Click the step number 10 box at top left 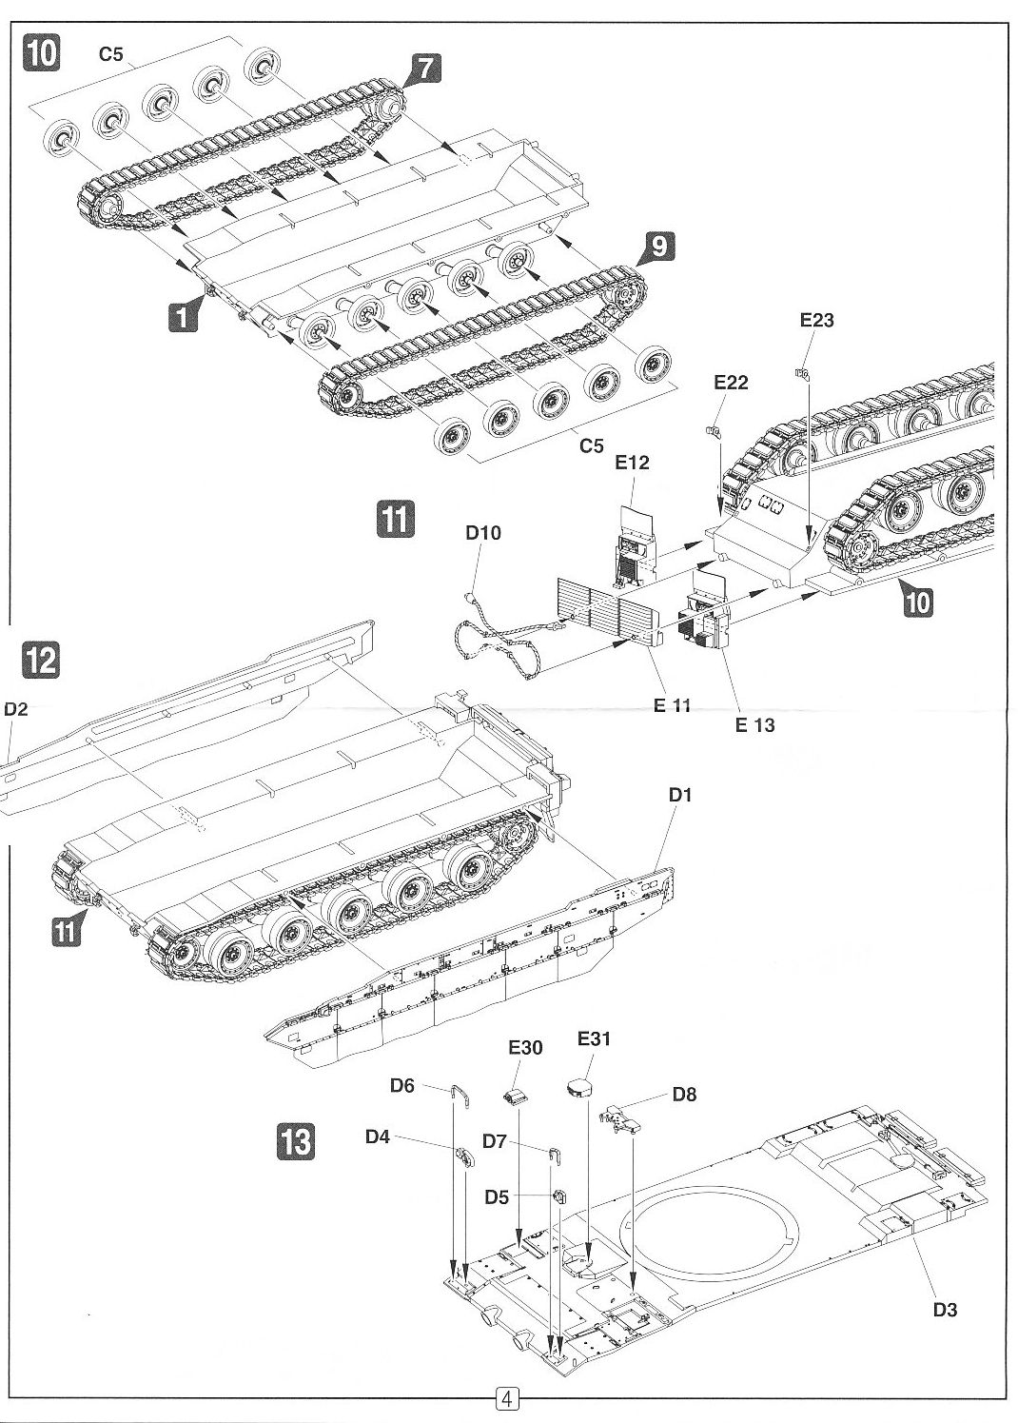tap(41, 52)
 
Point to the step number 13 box tap(297, 1140)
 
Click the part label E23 tap(816, 321)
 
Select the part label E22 tap(730, 383)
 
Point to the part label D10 tap(482, 533)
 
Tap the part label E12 tap(632, 463)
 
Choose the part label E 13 tap(754, 725)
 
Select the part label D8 tap(684, 1095)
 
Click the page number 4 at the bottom tap(506, 1399)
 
